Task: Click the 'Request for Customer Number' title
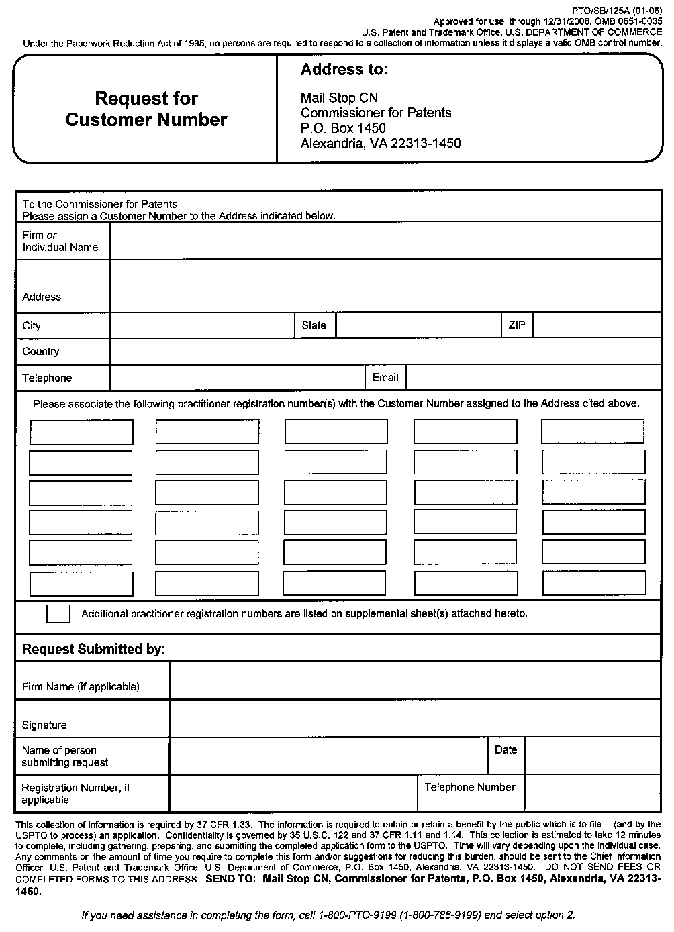click(x=146, y=109)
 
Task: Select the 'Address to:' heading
click(x=344, y=70)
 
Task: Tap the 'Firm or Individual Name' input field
click(x=385, y=241)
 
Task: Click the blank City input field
click(x=202, y=326)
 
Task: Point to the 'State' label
click(x=314, y=326)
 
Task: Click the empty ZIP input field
click(x=596, y=326)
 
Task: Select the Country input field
click(x=385, y=352)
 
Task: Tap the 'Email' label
click(x=385, y=378)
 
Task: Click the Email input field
click(x=534, y=378)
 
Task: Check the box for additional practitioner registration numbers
click(x=58, y=614)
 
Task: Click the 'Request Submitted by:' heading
click(x=93, y=650)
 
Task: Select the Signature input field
click(x=415, y=719)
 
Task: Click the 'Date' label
click(x=505, y=750)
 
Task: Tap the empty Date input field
click(x=592, y=756)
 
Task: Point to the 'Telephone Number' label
click(x=470, y=788)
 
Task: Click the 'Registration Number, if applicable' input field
click(x=293, y=794)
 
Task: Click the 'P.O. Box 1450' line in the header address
click(x=343, y=128)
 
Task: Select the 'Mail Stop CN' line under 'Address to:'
click(x=339, y=98)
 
